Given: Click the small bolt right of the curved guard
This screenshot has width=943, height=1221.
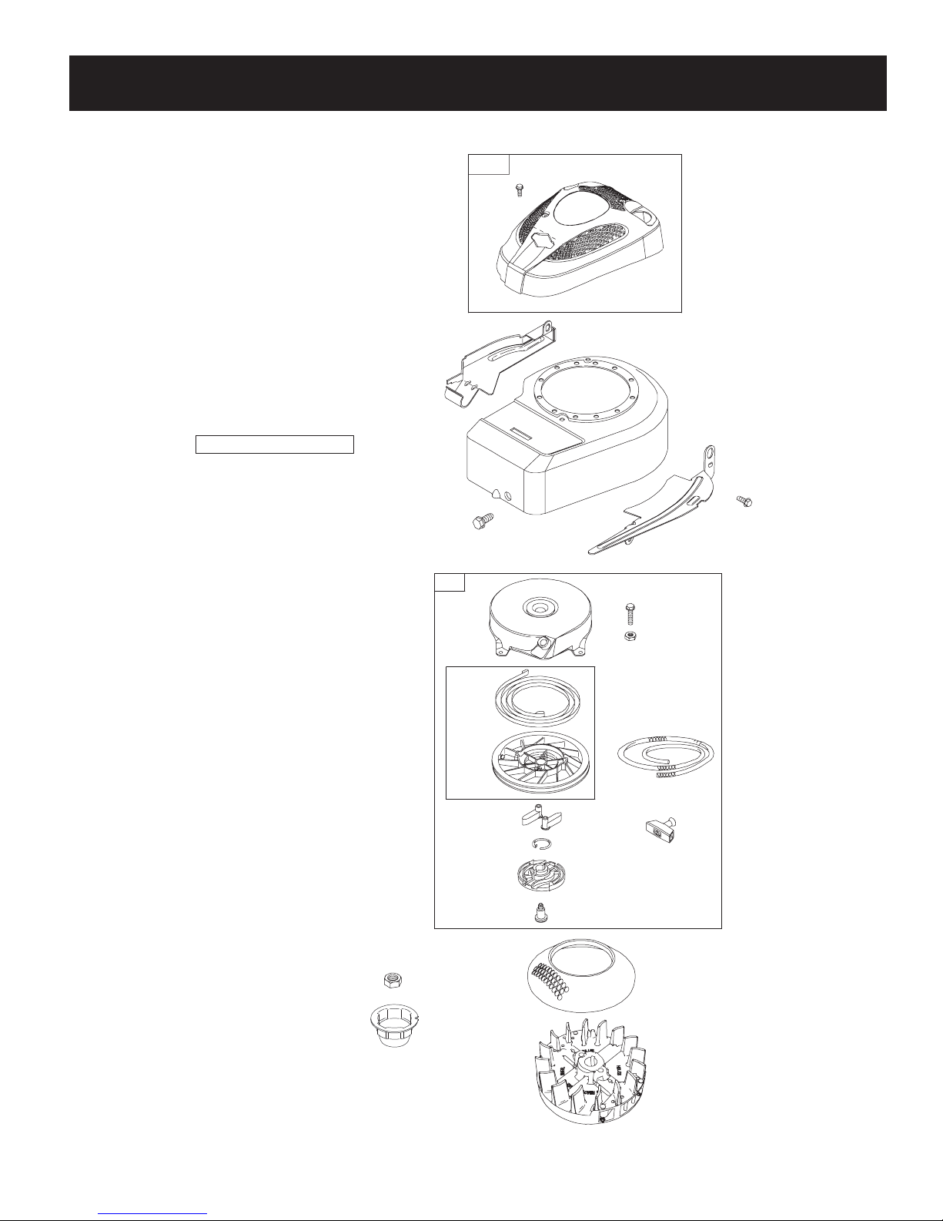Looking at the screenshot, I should click(x=744, y=501).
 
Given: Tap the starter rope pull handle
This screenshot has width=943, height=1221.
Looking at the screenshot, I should click(x=661, y=829).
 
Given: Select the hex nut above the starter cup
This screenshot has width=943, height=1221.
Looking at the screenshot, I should click(x=393, y=980).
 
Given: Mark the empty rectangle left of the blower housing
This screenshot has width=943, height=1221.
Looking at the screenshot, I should click(x=274, y=444).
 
